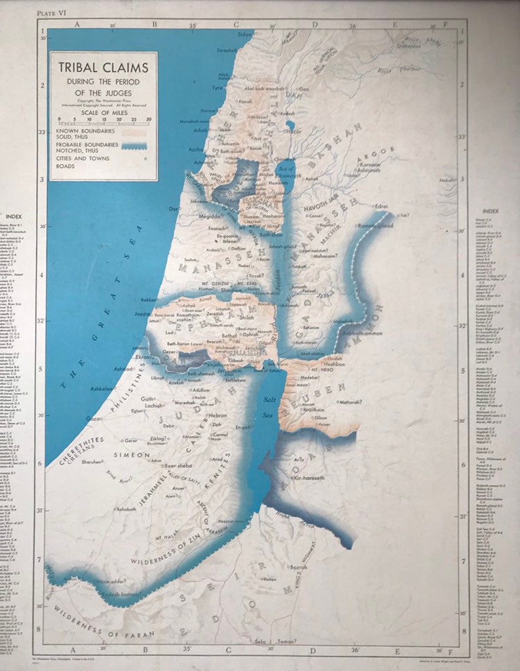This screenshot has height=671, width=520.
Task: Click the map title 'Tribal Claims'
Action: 104,67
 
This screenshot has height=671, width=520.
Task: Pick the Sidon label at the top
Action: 244,33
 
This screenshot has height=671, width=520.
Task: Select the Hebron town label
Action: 217,415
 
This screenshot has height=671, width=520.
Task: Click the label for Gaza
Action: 93,418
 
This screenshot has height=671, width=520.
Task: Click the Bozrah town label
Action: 299,567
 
